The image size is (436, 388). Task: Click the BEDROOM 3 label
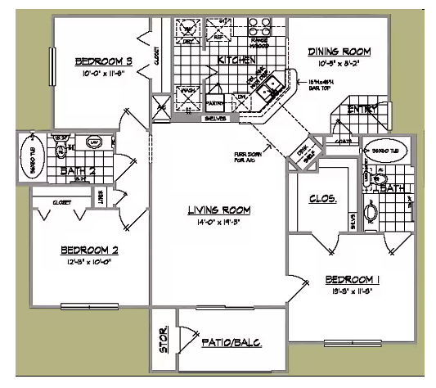pos(104,61)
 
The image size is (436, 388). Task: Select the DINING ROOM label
pos(339,52)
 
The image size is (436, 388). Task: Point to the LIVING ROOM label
pos(218,210)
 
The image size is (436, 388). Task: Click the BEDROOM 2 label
pos(90,250)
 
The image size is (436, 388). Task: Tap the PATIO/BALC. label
pos(231,342)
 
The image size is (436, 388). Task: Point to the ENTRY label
pos(363,110)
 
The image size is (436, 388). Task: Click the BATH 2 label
pos(79,170)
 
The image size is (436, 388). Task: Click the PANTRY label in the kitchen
pos(216,105)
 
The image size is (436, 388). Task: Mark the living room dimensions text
pos(218,222)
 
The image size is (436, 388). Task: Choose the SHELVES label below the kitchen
pos(216,118)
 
